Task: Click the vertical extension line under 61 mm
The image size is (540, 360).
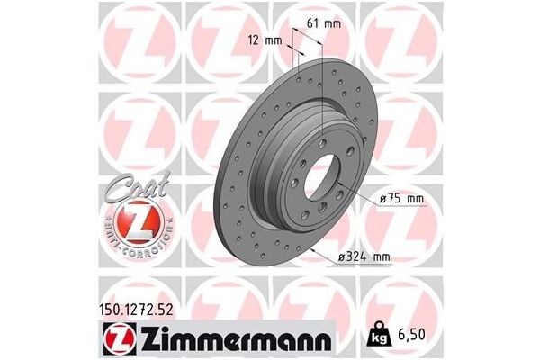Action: (321, 72)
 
